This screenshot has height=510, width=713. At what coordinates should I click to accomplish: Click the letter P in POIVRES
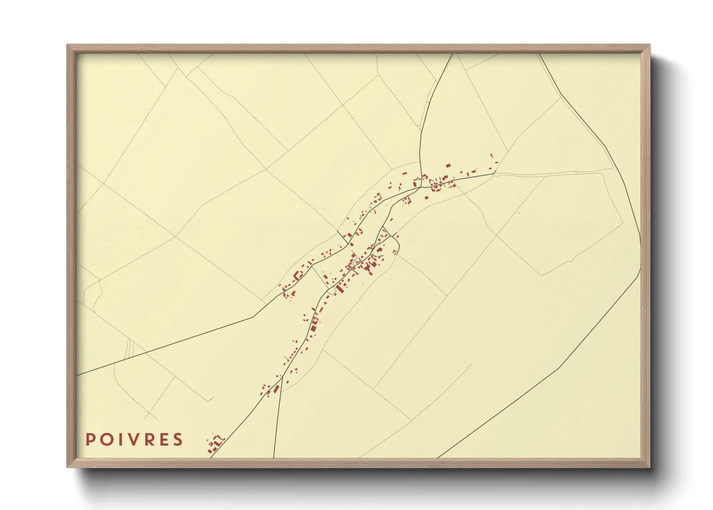[90, 440]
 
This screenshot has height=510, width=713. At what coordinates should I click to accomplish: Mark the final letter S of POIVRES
[178, 440]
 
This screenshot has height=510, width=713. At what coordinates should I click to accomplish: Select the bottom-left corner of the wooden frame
[68, 466]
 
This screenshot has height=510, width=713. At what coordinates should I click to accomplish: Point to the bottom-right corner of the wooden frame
[649, 466]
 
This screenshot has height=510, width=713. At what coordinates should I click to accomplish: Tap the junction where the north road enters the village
[422, 177]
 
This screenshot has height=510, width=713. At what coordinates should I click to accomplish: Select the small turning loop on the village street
[331, 290]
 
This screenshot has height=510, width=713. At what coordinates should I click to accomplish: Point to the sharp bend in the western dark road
[254, 317]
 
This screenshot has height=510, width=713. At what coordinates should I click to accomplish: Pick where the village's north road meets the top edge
[452, 54]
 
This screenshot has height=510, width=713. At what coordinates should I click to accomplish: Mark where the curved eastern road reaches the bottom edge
[438, 457]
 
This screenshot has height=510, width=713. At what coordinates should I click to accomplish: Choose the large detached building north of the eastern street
[448, 166]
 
